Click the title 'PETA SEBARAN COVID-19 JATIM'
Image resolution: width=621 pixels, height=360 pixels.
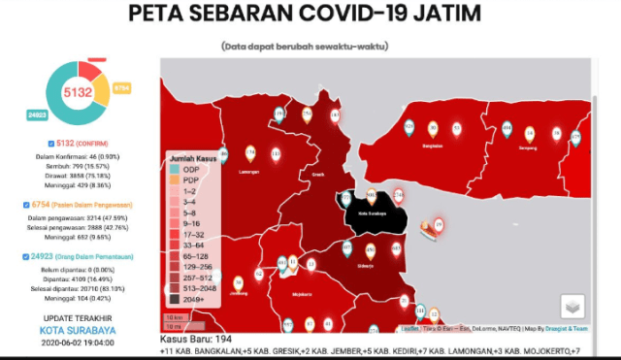coord(310,16)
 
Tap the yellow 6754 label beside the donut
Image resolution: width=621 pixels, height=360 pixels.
coord(121,87)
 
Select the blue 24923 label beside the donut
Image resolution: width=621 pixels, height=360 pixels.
coord(37,115)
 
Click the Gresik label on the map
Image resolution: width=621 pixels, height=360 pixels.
coord(317,176)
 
